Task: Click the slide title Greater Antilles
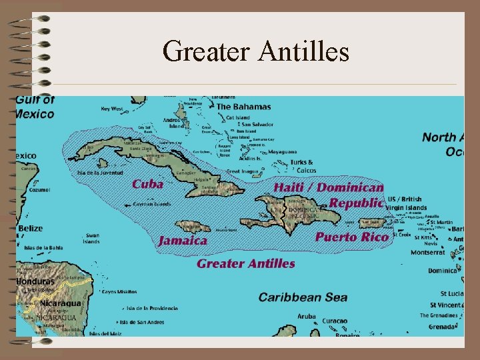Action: (x=256, y=51)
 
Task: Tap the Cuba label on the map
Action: (x=147, y=184)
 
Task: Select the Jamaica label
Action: (x=183, y=241)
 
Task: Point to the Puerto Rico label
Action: (x=352, y=237)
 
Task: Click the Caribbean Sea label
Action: (x=303, y=297)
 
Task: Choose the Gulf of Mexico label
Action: (x=35, y=107)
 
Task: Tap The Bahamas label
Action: (x=243, y=107)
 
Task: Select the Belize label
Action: (x=31, y=229)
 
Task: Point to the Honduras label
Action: (x=35, y=281)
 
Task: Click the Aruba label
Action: (x=306, y=316)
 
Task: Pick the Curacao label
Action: (x=335, y=321)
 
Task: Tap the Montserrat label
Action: (x=427, y=253)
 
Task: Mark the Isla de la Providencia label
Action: (x=153, y=308)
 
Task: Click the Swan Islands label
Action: (x=92, y=238)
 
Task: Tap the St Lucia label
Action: (x=451, y=293)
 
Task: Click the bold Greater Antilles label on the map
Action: (x=245, y=263)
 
